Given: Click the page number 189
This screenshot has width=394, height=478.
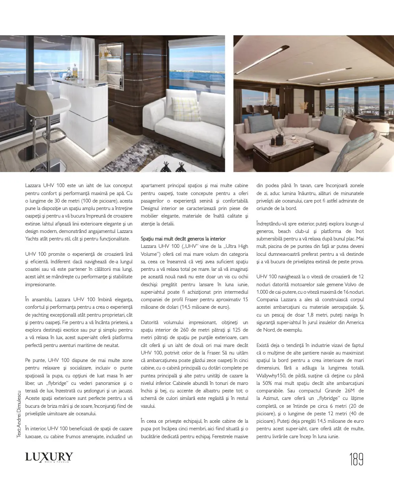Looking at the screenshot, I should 356,459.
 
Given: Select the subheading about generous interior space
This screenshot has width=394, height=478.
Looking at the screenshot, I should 183,239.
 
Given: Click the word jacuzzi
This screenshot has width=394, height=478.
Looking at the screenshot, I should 123,391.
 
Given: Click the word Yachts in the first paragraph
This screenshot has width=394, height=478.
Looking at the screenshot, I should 33,239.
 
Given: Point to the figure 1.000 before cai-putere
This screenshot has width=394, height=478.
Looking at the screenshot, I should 264,292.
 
